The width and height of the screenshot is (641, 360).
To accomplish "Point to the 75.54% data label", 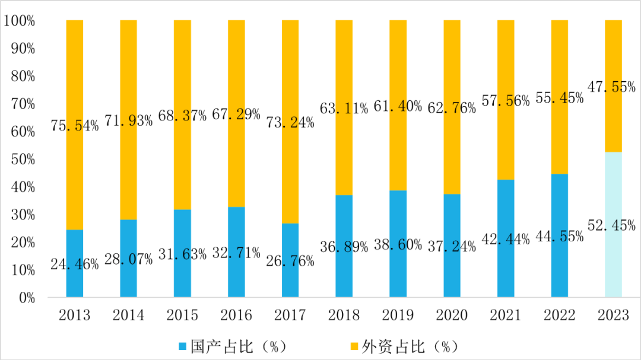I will pyautogui.click(x=74, y=126).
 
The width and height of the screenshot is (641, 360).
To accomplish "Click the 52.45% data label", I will pyautogui.click(x=613, y=225).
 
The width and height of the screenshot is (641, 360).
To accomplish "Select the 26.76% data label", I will pyautogui.click(x=290, y=260).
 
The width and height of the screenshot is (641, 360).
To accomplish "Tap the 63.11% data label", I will pyautogui.click(x=344, y=109).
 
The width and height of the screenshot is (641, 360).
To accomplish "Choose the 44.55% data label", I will pyautogui.click(x=559, y=235).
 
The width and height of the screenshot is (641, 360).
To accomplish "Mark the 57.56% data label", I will pyautogui.click(x=506, y=101).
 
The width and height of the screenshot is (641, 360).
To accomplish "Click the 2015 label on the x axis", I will pyautogui.click(x=182, y=315).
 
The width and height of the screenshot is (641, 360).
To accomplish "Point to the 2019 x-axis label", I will pyautogui.click(x=398, y=315).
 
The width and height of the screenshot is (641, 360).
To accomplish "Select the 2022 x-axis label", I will pyautogui.click(x=559, y=315).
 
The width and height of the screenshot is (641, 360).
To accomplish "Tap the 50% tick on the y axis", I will pyautogui.click(x=23, y=160).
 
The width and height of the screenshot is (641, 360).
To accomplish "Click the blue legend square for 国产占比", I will pyautogui.click(x=182, y=345).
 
